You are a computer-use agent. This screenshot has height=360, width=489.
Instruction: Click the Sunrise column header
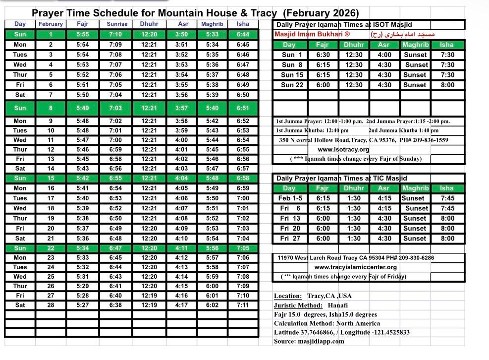(x=117, y=24)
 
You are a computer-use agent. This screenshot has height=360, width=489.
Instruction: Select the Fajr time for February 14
(x=83, y=169)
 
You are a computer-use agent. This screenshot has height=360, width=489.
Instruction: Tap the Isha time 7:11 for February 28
(x=243, y=305)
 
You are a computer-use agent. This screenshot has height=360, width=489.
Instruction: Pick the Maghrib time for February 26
(x=212, y=286)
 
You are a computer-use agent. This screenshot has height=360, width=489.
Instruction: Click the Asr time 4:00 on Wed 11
(x=181, y=140)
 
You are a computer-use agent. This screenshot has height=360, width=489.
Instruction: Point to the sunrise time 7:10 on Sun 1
(x=115, y=35)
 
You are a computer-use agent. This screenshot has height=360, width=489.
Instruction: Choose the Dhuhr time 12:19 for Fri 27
(x=149, y=296)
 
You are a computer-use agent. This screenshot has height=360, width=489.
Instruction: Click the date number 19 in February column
(x=51, y=218)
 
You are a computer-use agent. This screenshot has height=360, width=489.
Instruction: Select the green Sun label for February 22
(x=20, y=248)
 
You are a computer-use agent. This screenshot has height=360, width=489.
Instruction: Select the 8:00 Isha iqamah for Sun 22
(x=447, y=85)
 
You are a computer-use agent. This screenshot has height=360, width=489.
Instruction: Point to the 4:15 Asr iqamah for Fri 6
(x=384, y=208)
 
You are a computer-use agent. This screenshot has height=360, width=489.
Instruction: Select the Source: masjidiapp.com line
(x=309, y=341)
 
